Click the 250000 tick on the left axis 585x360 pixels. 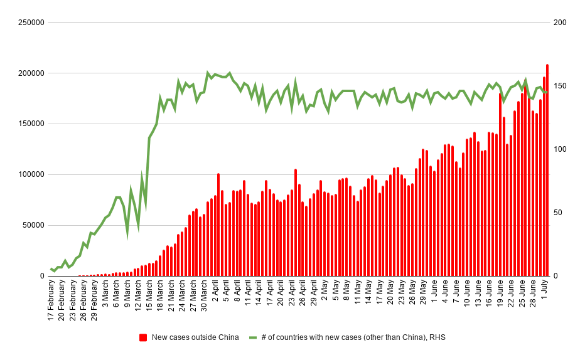click(28, 23)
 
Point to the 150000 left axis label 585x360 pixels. click(28, 124)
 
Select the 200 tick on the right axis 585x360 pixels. click(559, 23)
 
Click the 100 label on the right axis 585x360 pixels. click(559, 149)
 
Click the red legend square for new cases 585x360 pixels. click(144, 337)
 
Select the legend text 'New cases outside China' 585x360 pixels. click(195, 337)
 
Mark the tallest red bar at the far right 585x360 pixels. click(547, 170)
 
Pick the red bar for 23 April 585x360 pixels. click(295, 223)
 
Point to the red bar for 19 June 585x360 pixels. click(500, 184)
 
